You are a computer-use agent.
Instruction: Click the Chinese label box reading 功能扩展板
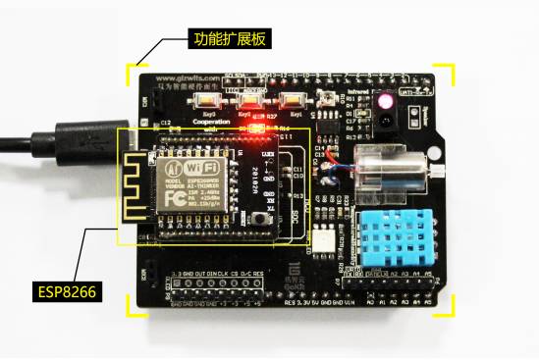[x=229, y=41]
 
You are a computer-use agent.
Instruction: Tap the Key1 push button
[x=210, y=101]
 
